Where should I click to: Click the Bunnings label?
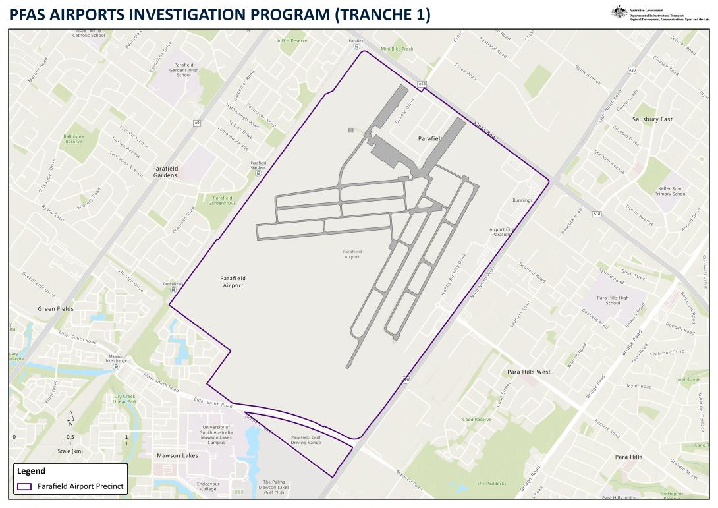(522, 200)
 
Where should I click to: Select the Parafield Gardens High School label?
(184, 70)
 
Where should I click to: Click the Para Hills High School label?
(613, 300)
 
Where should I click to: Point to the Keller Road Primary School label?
(671, 192)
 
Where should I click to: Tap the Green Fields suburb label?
(56, 308)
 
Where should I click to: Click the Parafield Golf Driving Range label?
(306, 439)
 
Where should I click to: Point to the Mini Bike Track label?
(397, 49)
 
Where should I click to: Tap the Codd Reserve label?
(476, 419)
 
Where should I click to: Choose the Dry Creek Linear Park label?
(124, 399)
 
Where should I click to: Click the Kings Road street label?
(485, 132)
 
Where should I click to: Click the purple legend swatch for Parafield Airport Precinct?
(24, 486)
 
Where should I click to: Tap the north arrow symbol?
(71, 420)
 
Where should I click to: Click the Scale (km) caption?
(70, 451)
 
